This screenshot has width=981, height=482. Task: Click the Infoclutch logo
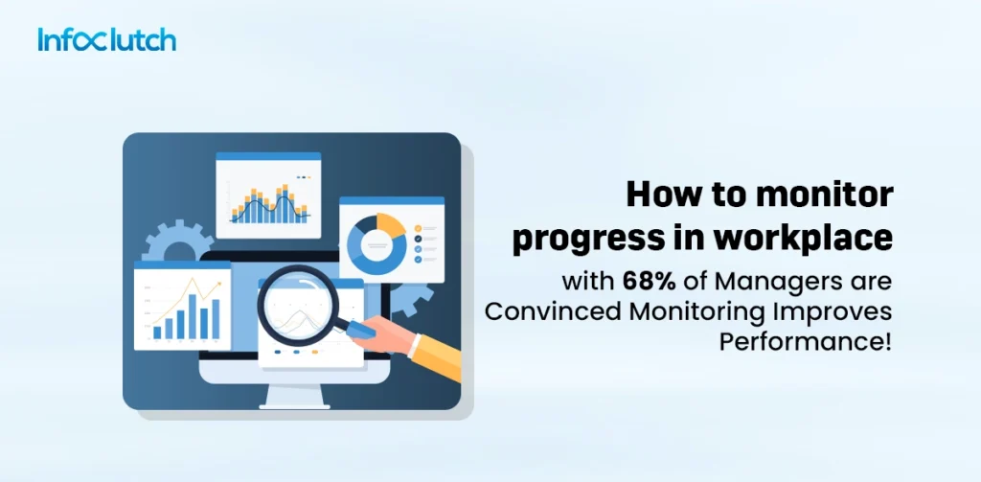pyautogui.click(x=106, y=40)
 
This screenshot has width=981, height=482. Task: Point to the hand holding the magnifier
pyautogui.click(x=388, y=335)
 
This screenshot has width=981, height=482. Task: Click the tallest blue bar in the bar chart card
pyautogui.click(x=203, y=315)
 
